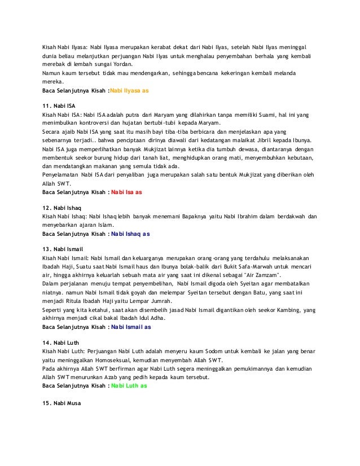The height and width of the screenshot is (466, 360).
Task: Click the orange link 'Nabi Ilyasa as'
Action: tap(129, 89)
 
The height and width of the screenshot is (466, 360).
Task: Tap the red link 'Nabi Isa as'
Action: tap(126, 191)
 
